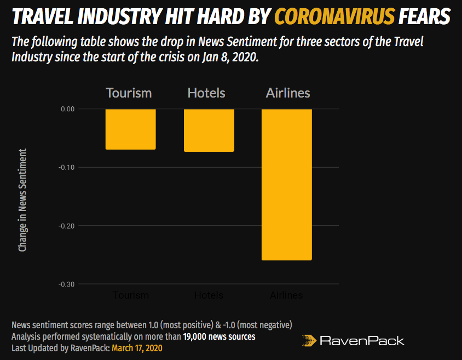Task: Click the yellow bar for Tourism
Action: click(x=130, y=129)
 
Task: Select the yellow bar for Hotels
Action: click(x=209, y=130)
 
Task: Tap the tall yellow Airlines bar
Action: click(x=286, y=185)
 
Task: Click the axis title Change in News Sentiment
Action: click(x=22, y=200)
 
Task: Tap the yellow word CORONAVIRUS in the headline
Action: click(x=334, y=18)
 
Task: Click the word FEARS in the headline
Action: click(x=425, y=18)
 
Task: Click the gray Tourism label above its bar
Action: click(x=129, y=93)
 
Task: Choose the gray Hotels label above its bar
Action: click(x=206, y=93)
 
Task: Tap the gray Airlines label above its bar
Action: click(x=288, y=93)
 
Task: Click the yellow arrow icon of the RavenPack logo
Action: click(x=309, y=340)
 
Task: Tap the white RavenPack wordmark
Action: click(x=362, y=341)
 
